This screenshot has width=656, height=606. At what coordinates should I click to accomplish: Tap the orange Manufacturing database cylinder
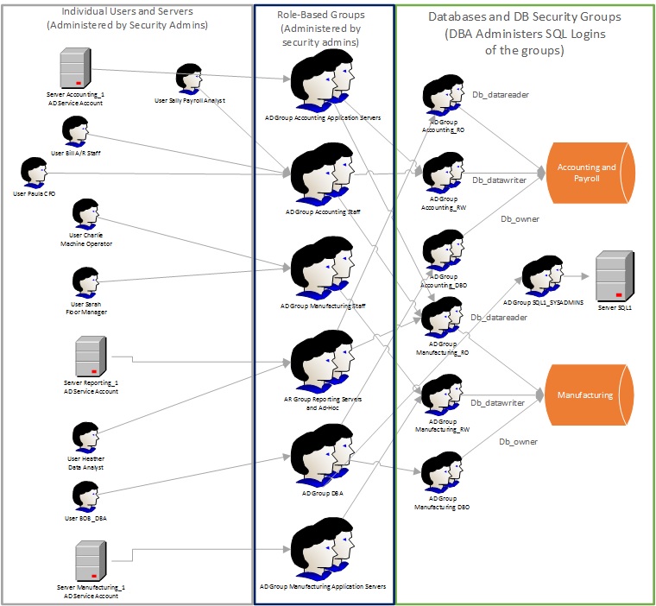coord(585,395)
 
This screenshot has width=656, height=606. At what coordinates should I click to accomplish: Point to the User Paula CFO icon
coord(34,173)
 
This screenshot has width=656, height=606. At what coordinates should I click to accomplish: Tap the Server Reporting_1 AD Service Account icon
coord(90,356)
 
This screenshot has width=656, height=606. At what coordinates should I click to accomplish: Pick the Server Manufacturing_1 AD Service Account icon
coord(90,560)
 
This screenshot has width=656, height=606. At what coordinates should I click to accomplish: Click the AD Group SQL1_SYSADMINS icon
coord(543,275)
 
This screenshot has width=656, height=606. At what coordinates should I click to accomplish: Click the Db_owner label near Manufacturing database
coord(518,442)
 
